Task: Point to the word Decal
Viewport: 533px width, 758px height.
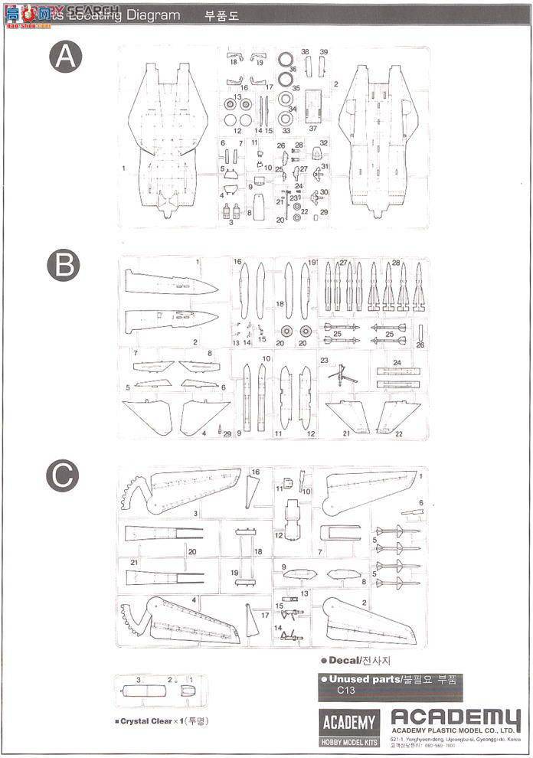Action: (343, 660)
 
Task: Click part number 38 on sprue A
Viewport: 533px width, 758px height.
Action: (306, 52)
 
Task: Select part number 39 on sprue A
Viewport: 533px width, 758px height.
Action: (324, 52)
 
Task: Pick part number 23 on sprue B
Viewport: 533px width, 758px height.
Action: (324, 360)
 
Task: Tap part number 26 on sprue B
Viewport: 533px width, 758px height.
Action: (420, 345)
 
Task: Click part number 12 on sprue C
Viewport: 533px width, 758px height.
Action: (280, 534)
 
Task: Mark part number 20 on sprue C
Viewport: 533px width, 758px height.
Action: (192, 551)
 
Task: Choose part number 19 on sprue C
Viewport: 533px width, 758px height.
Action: (234, 573)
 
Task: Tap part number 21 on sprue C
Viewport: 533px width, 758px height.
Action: (133, 563)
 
